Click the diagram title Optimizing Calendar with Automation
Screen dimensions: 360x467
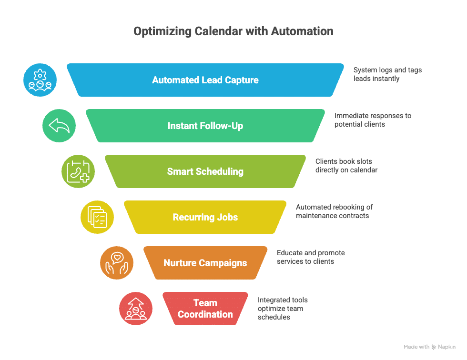tap(233, 31)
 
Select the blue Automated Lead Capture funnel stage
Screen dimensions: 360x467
tap(205, 80)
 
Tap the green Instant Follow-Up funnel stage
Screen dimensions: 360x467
tap(205, 126)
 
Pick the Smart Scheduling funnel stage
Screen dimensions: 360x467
tap(205, 171)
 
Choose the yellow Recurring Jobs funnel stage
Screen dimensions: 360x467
tap(205, 217)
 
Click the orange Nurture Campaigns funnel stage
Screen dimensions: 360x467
tap(205, 263)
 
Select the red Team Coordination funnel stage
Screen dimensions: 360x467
tap(205, 309)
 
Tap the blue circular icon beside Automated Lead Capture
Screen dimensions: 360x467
tap(40, 80)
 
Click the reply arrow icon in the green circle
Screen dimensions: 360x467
tap(59, 126)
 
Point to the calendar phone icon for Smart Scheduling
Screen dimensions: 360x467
tap(78, 171)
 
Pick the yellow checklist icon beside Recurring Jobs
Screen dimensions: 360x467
tap(97, 217)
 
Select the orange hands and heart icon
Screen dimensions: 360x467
tap(117, 263)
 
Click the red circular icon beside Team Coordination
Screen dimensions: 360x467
tap(136, 309)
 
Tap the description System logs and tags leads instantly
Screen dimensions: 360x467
tap(387, 74)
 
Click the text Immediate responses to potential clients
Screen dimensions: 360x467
tap(373, 120)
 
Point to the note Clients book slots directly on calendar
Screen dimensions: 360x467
tap(346, 166)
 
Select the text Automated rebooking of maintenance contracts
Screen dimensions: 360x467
tap(334, 211)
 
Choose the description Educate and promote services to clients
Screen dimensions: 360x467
tap(311, 257)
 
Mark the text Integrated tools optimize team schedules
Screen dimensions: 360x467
tap(283, 308)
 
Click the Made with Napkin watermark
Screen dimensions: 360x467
tap(429, 347)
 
